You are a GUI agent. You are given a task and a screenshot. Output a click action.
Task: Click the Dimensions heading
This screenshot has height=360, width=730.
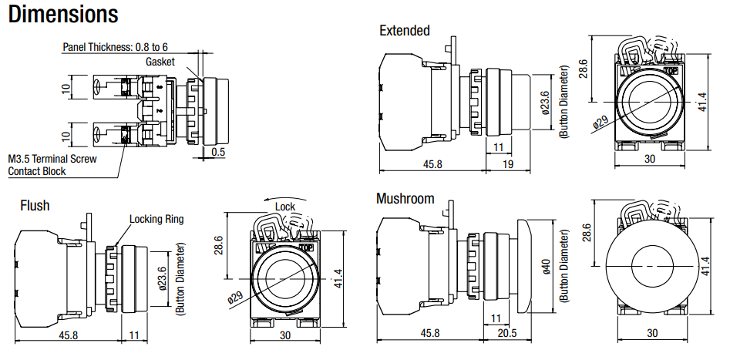tap(62, 15)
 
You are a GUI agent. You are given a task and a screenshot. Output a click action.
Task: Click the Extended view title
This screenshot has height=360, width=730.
tap(404, 31)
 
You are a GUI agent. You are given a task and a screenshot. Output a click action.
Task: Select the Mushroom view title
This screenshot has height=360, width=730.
tap(405, 199)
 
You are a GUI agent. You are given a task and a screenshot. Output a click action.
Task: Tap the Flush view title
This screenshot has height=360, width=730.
tap(35, 206)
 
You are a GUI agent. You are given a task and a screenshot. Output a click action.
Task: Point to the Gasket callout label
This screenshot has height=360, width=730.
tap(160, 62)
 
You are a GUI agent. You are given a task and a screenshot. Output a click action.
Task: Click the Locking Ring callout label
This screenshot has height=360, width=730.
tap(156, 219)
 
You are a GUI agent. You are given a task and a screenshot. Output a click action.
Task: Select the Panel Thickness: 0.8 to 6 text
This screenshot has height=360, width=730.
tap(115, 47)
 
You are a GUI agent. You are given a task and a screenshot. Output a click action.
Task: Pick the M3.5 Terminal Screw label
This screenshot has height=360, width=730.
tap(52, 159)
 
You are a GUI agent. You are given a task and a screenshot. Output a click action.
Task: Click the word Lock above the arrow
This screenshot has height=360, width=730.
tap(284, 207)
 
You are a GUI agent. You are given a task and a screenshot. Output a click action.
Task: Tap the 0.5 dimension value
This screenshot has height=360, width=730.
tap(218, 152)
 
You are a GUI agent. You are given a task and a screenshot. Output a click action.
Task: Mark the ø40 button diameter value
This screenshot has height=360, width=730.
tap(546, 267)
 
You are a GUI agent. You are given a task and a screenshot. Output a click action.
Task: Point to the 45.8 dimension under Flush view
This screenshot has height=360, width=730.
tap(68, 335)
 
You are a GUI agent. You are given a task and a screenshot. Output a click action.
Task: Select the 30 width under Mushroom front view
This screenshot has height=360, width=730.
tap(652, 333)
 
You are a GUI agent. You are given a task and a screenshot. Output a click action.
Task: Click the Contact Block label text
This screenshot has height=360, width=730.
tap(38, 170)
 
